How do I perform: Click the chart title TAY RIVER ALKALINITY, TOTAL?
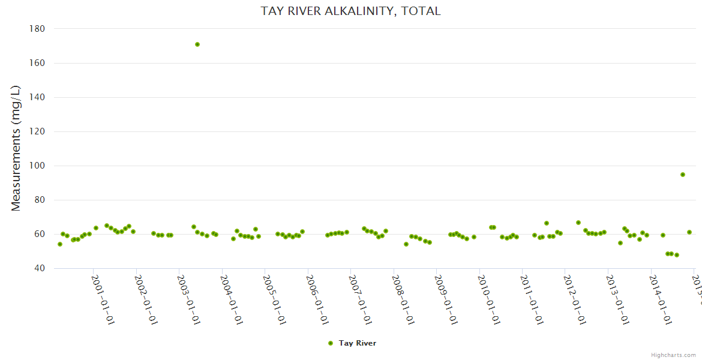pos(350,11)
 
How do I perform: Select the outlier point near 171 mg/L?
pos(197,44)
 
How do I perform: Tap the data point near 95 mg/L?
pos(683,175)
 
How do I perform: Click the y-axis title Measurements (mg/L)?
pos(16,148)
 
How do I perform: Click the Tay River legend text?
pos(357,343)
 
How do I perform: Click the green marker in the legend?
pos(330,343)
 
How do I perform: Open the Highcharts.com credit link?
pos(673,355)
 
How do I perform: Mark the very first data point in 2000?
pos(60,244)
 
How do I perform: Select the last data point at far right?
pos(689,232)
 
